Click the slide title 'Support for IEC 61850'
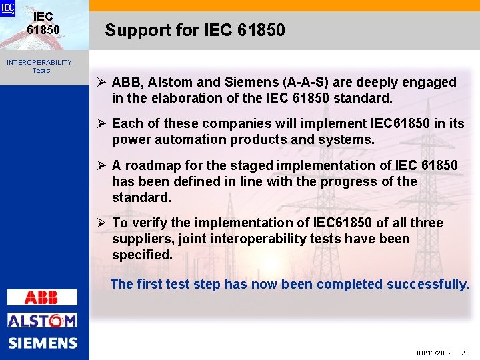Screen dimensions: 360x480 tap(195, 30)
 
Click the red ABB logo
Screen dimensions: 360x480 tap(41, 297)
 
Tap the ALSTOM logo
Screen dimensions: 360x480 tap(42, 320)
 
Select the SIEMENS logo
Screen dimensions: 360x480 tap(43, 343)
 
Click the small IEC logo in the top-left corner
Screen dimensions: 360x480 tap(7, 8)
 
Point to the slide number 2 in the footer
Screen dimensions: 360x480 tap(463, 353)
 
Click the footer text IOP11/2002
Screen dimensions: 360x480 tap(434, 353)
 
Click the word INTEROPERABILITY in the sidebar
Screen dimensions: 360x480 tap(39, 62)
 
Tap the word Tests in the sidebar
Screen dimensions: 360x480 tap(41, 70)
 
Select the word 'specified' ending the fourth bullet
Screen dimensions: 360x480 tap(141, 255)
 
